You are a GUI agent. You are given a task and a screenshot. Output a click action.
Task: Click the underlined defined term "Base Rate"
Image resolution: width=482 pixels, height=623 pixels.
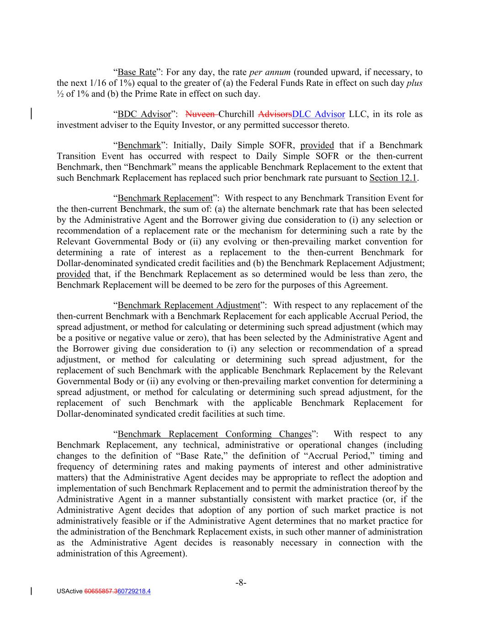[x=137, y=72]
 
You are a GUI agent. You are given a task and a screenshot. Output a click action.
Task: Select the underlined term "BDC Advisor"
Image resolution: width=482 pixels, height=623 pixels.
[x=144, y=114]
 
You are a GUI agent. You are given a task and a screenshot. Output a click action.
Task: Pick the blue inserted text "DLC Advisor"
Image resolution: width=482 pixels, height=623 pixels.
[x=318, y=114]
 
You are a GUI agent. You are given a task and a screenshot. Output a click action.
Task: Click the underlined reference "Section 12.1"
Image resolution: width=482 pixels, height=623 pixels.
[x=393, y=178]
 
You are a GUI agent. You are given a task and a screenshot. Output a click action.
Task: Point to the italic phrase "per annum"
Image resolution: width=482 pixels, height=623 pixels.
[x=270, y=72]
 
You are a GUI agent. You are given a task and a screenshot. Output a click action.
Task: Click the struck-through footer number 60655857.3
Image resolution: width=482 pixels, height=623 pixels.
[x=101, y=592]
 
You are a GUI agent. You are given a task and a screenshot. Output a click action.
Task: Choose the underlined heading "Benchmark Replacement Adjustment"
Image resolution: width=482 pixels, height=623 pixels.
[x=189, y=305]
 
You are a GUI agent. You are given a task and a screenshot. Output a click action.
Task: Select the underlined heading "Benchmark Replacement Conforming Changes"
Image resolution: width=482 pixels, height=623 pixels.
[x=214, y=434]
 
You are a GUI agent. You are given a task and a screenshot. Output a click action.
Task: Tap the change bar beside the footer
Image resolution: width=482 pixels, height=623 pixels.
[x=31, y=591]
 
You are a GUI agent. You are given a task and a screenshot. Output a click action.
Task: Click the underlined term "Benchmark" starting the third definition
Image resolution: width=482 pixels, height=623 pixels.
[x=139, y=146]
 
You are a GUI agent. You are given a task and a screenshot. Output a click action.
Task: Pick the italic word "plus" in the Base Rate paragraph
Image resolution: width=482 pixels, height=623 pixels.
[x=414, y=83]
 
